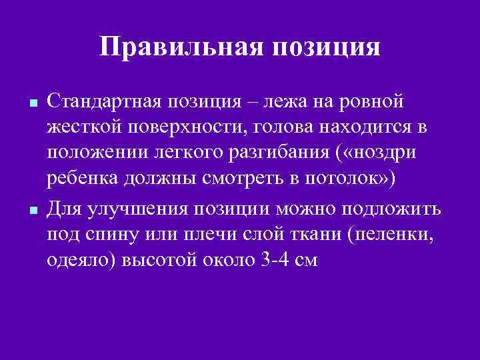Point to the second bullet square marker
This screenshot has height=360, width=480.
pos(33,211)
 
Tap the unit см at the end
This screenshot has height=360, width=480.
pos(303,261)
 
